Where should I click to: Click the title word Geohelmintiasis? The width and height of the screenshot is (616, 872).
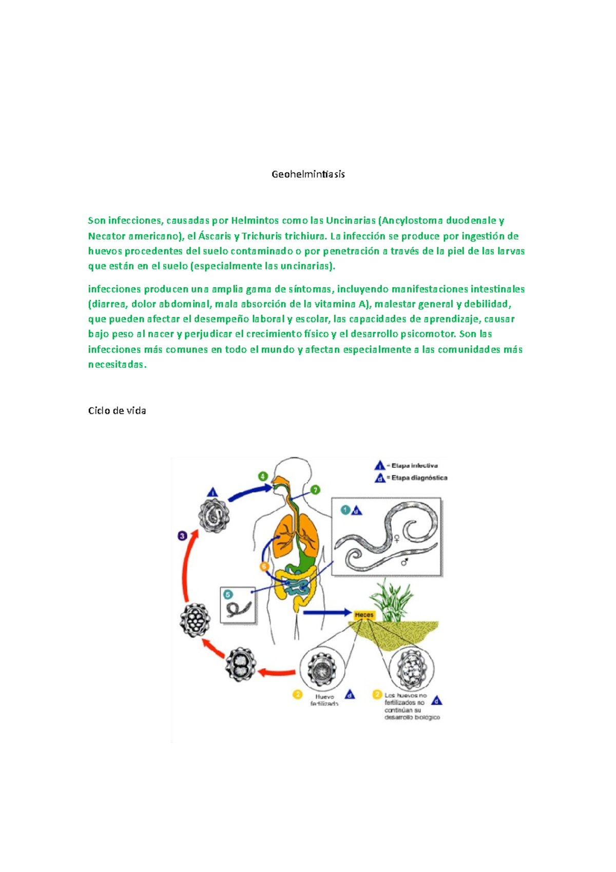coord(308,174)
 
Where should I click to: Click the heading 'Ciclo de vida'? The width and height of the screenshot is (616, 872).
coord(117,410)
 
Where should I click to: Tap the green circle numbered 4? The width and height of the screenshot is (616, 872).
coord(263,476)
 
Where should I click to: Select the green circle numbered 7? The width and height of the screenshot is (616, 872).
coord(315,490)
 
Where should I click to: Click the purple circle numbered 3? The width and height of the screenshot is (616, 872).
coord(182,536)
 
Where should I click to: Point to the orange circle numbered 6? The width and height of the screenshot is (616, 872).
coord(264,566)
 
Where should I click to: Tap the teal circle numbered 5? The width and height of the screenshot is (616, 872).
coord(228,595)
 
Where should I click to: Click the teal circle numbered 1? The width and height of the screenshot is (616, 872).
coord(345,510)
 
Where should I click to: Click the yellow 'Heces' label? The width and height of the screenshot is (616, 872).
coord(364,615)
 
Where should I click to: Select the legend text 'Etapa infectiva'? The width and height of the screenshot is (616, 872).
coord(414,466)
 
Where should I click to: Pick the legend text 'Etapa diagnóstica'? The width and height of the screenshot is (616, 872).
coord(419,478)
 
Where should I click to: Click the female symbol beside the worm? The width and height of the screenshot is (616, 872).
coord(397,539)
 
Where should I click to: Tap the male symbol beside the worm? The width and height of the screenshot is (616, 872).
coord(405,562)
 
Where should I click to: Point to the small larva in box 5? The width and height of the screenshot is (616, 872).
coord(239,609)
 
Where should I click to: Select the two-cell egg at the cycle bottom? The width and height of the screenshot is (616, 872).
coord(240,664)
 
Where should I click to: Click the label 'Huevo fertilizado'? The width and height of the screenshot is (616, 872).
coord(324,700)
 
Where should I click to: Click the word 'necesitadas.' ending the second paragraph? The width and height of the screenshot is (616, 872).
coord(117,365)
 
